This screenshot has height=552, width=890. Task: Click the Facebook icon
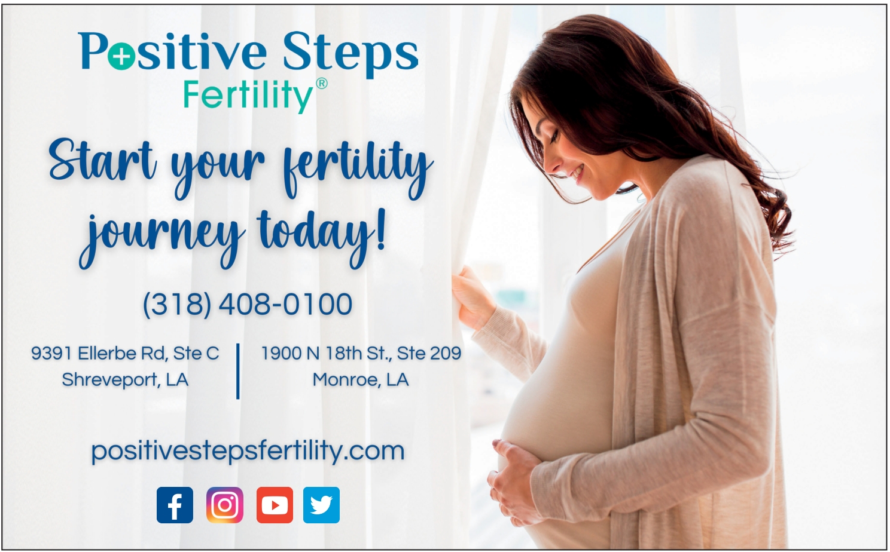click(175, 505)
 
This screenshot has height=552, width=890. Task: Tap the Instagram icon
click(225, 505)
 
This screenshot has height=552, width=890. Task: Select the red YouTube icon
click(275, 505)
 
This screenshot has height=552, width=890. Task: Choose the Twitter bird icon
click(321, 505)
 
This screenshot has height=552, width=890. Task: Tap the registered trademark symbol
click(321, 84)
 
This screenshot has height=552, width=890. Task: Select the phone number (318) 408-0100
click(248, 304)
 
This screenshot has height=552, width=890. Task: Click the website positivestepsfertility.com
click(248, 451)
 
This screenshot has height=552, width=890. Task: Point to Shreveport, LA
click(125, 380)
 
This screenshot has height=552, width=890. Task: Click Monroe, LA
click(361, 380)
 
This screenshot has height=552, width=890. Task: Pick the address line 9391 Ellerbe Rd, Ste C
click(125, 353)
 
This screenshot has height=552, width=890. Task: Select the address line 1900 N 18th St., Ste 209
click(361, 353)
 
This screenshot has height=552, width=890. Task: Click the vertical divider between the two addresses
click(237, 371)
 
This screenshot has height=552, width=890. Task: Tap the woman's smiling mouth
click(577, 172)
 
